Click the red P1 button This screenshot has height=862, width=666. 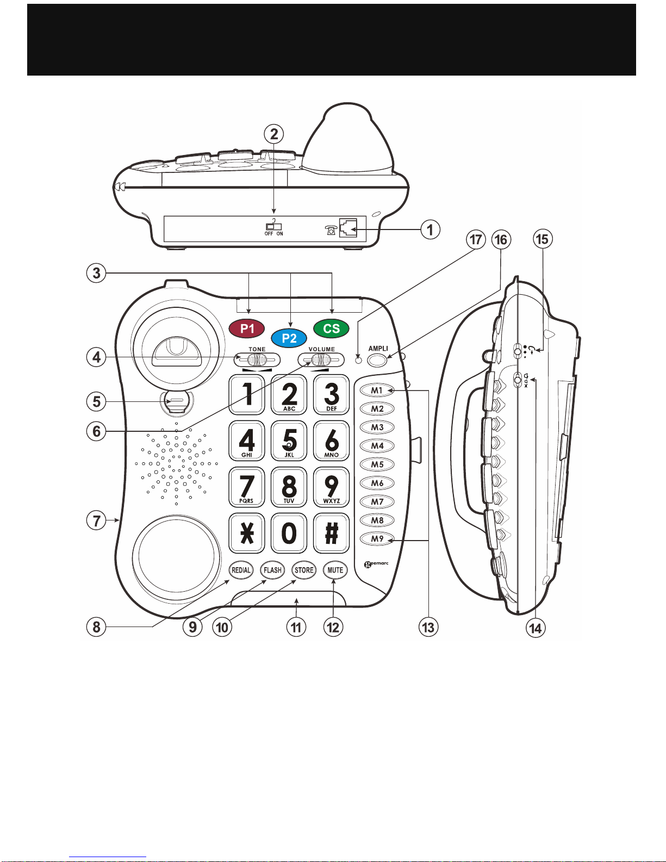click(247, 328)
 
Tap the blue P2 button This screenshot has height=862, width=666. click(289, 338)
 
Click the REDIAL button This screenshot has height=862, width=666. click(241, 570)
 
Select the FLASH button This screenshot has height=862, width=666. click(272, 570)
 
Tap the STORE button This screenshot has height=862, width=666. click(304, 570)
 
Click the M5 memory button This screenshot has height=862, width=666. click(377, 464)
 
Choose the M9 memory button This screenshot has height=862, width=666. click(377, 539)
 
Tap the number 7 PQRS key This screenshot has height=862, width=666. click(247, 487)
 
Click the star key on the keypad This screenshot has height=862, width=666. click(247, 533)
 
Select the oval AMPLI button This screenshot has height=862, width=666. click(377, 360)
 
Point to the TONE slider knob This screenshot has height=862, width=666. click(257, 360)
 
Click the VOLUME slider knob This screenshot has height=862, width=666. click(321, 360)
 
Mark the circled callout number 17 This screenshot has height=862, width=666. click(476, 240)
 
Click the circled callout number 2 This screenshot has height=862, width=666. click(274, 134)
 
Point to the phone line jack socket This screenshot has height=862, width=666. click(348, 228)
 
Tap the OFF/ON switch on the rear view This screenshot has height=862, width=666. click(273, 226)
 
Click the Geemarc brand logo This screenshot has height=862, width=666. click(376, 564)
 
